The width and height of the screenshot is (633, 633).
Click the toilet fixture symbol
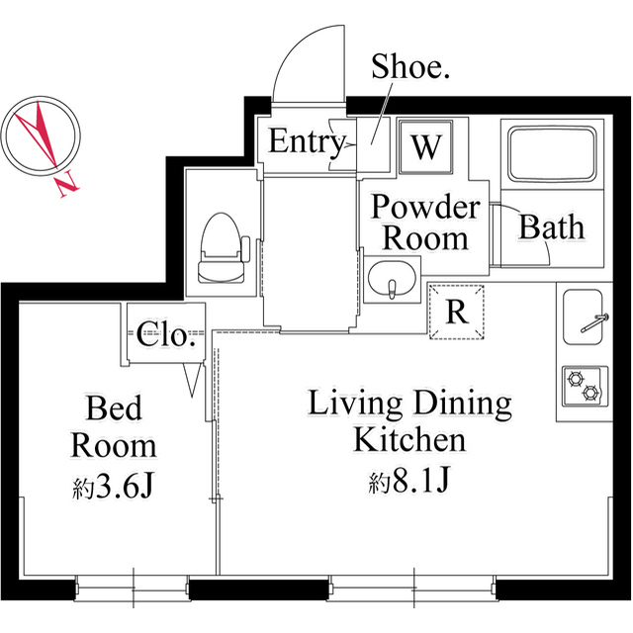coord(223,248)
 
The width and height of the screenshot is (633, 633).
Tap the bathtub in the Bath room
coord(552,154)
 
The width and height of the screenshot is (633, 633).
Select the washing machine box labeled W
coord(425,147)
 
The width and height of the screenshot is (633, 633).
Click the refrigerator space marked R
coord(457,313)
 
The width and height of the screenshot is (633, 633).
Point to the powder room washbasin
coord(392,279)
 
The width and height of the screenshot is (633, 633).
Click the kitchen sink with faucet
coord(584,316)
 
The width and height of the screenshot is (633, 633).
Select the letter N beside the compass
coord(66,184)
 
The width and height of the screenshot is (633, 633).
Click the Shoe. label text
coord(410,66)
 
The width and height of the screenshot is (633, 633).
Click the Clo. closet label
coord(166,334)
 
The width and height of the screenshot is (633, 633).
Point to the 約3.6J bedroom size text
coord(114,487)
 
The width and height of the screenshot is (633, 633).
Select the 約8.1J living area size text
coord(408,481)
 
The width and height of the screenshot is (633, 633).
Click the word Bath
coord(552,226)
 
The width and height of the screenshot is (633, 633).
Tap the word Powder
coord(425,207)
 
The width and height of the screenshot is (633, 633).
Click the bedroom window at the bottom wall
coord(133,589)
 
